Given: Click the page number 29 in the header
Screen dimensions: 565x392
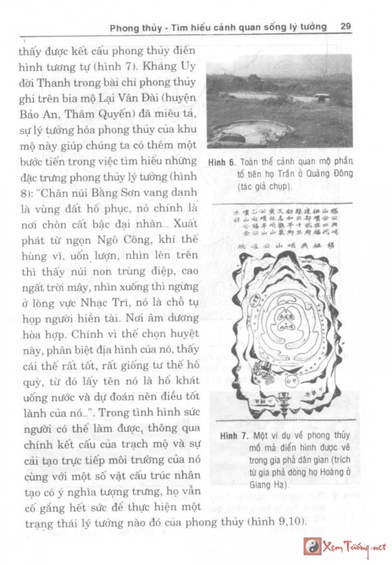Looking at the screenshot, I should [346, 26].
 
